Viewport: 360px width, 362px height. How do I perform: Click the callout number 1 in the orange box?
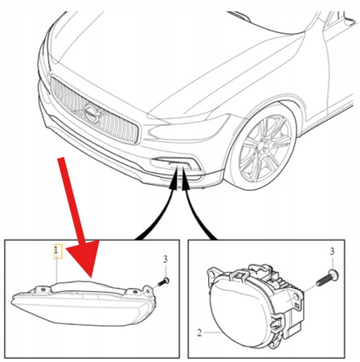(x=56, y=251)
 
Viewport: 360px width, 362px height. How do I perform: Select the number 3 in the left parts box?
(x=166, y=259)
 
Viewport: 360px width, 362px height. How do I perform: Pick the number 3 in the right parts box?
(x=332, y=251)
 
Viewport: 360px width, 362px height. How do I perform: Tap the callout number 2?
(x=199, y=333)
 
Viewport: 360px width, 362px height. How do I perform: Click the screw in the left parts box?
(x=163, y=282)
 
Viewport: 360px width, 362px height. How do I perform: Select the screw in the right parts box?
(x=327, y=278)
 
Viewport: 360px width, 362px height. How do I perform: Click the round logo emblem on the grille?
(x=92, y=114)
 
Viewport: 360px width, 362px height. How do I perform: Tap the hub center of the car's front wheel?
(x=262, y=152)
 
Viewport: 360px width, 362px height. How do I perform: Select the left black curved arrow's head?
(x=174, y=183)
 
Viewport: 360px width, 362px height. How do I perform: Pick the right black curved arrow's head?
(x=185, y=183)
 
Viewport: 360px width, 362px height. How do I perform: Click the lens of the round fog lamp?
(x=239, y=311)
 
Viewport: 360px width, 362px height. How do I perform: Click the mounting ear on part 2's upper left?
(x=214, y=274)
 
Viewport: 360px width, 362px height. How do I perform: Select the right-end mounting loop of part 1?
(x=148, y=290)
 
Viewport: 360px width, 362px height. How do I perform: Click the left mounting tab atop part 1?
(x=43, y=290)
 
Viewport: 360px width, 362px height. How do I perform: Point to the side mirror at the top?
(x=240, y=16)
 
